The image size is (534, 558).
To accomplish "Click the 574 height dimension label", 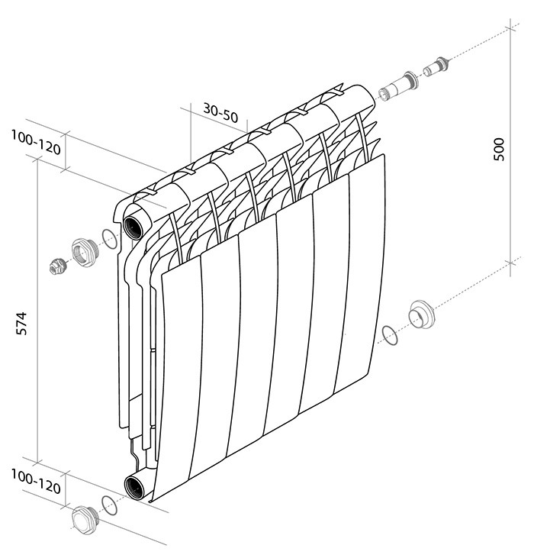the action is pos(21,324).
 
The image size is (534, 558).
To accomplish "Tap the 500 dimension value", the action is pos(499,149).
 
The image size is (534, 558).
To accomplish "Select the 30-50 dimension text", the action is pos(220,112).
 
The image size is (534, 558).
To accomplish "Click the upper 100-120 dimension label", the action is pos(36,142).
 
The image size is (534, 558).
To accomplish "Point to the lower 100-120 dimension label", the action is pos(36,481).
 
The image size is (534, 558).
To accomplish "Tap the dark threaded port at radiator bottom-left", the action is pos(134,487).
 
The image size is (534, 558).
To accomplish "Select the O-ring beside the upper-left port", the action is pos(110,240).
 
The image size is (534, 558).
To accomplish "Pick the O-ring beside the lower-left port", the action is pos(109,505).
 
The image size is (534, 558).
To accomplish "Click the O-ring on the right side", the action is pos(389,334).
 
